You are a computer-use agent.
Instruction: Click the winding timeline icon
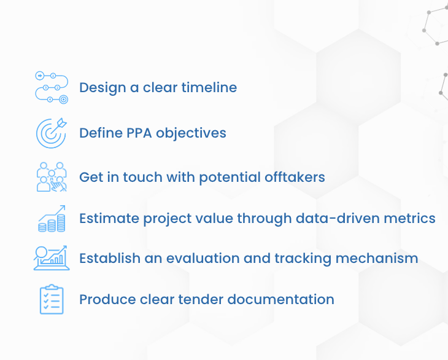52,87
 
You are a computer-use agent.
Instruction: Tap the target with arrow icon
52,133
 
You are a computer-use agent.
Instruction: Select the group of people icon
52,177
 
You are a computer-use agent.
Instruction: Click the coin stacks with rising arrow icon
52,218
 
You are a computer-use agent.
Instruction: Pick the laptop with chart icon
52,257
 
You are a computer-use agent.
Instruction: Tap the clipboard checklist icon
52,299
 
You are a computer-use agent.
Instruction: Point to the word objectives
195,133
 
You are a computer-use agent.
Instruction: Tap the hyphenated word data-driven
344,218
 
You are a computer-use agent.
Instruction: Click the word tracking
311,258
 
